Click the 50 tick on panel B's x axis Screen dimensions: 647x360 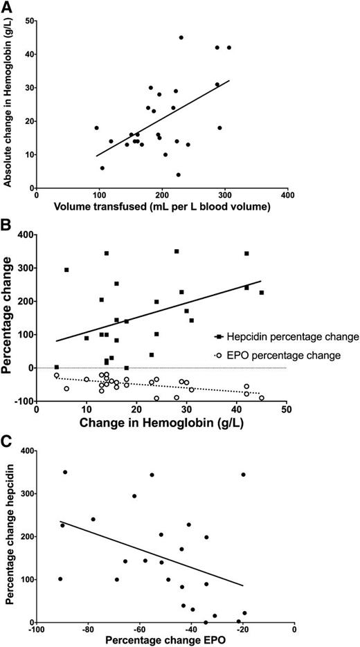point(286,411)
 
